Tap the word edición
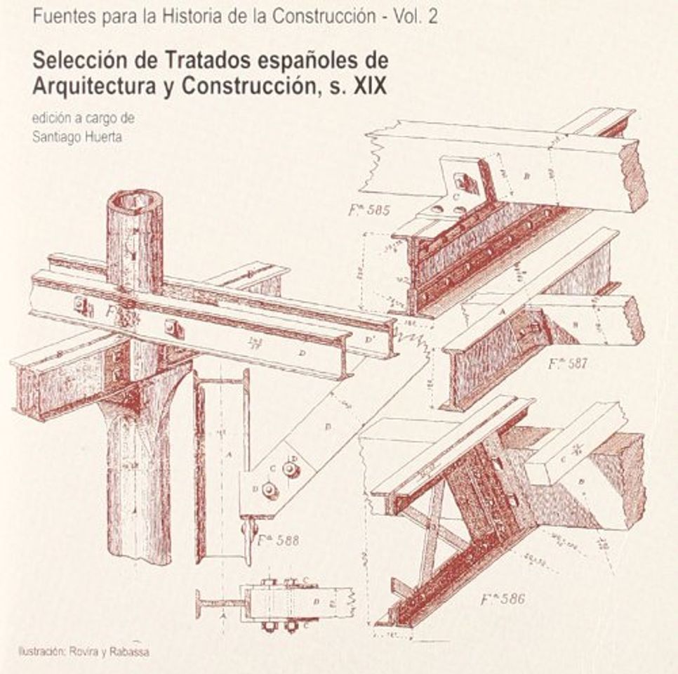coord(50,119)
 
